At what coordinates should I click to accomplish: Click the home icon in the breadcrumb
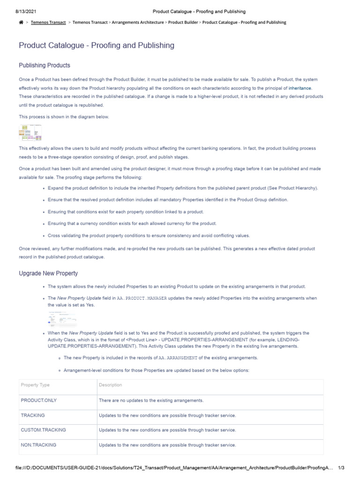[x=21, y=22]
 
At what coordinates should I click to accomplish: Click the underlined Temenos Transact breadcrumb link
[x=48, y=22]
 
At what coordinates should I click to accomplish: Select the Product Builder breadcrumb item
[x=183, y=22]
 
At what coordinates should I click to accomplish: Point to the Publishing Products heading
[x=45, y=65]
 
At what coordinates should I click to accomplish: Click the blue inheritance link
[x=300, y=88]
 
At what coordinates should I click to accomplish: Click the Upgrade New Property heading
[x=48, y=273]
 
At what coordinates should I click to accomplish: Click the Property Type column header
[x=35, y=385]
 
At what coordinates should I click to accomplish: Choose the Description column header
[x=111, y=385]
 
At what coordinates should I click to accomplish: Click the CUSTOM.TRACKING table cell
[x=44, y=430]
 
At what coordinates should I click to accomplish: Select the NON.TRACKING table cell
[x=38, y=445]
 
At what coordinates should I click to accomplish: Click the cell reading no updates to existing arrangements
[x=151, y=400]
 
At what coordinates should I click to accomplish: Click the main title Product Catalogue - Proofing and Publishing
[x=97, y=45]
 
